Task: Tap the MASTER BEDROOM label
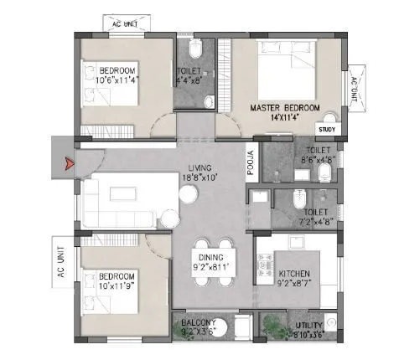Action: [x=285, y=108]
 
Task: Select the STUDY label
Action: [x=328, y=128]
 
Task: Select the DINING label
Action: [x=210, y=257]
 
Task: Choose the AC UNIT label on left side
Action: [x=60, y=260]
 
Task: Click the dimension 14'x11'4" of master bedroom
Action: [x=285, y=118]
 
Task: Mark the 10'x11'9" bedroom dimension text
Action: [x=117, y=285]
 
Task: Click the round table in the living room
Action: [x=190, y=195]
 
